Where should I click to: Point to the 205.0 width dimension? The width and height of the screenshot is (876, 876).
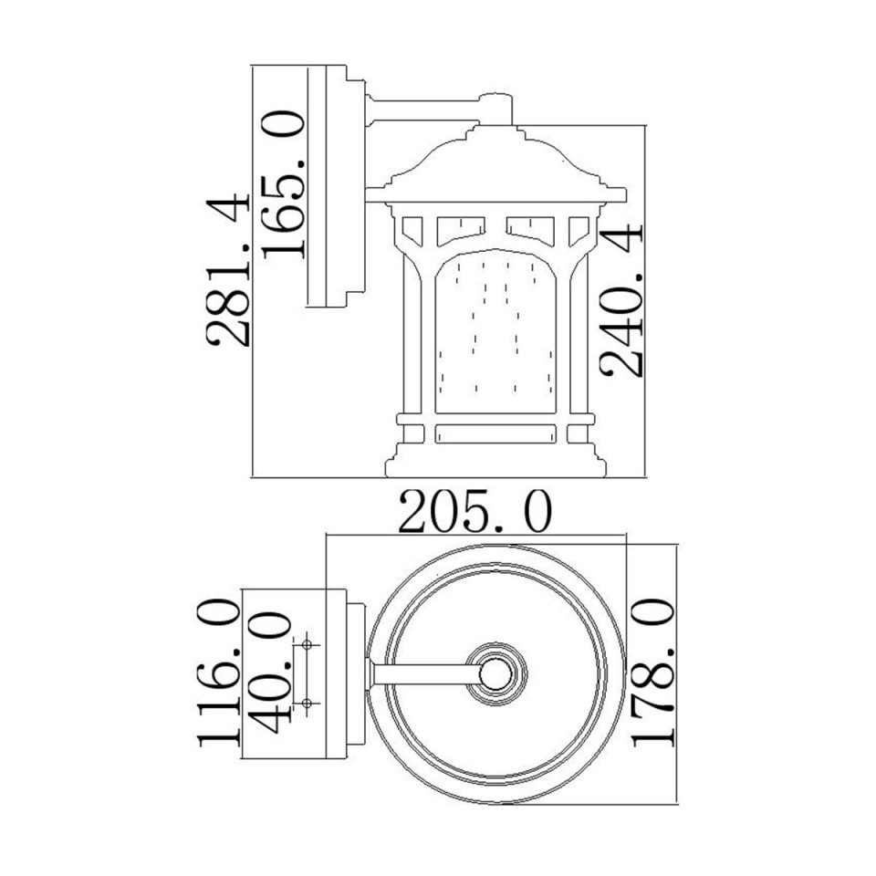click(x=475, y=513)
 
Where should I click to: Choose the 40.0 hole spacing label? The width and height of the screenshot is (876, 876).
click(x=271, y=673)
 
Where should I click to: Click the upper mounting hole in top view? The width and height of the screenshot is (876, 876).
click(x=308, y=645)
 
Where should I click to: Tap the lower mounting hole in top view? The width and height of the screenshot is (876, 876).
click(x=308, y=702)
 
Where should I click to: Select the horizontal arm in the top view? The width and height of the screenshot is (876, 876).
click(x=424, y=674)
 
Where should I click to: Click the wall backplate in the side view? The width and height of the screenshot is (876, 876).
click(x=348, y=186)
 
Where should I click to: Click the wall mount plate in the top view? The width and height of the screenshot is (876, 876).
click(x=348, y=674)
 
